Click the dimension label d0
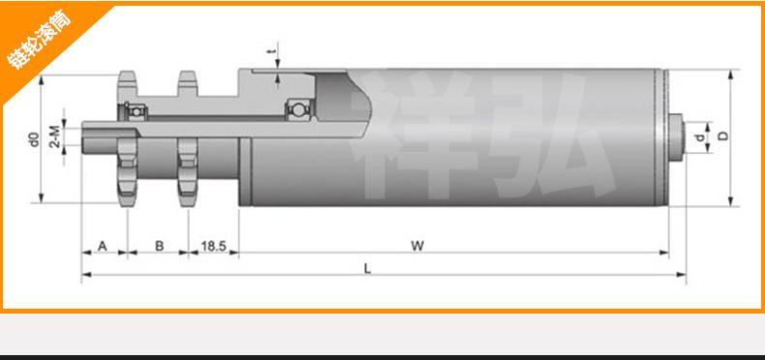34,139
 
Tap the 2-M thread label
55,136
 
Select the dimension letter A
102,246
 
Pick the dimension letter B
159,246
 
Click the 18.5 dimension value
214,246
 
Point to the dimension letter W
417,246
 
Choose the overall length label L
368,268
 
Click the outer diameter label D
723,135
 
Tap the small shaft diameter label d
700,138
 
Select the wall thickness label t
274,50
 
